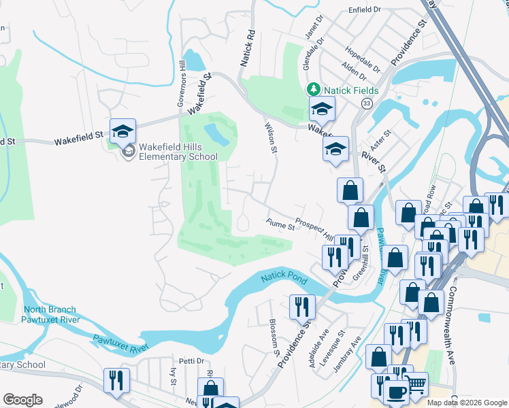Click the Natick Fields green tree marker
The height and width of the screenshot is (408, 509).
click(313, 89)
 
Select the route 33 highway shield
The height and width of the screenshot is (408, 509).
click(367, 103)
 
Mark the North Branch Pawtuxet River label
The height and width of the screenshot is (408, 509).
click(51, 314)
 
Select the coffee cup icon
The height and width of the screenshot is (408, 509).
click(397, 392)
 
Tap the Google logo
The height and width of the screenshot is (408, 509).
click(22, 399)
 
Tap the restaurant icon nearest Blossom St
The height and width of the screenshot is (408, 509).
click(301, 307)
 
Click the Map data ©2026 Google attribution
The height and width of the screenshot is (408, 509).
click(466, 403)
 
